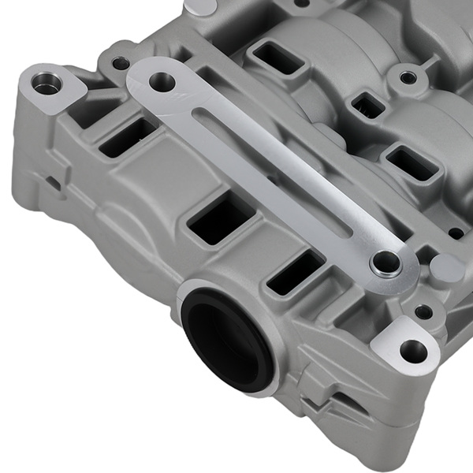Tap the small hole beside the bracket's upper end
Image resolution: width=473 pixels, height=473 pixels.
(x=120, y=62)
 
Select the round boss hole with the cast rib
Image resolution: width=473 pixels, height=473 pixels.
(x=408, y=77)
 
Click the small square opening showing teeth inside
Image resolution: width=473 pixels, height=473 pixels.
(x=363, y=104)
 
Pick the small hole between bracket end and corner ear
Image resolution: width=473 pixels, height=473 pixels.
(x=425, y=311)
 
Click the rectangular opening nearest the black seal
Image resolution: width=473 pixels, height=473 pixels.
(x=294, y=272)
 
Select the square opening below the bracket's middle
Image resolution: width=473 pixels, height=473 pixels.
(x=221, y=218)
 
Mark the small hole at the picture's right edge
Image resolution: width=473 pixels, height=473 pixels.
(x=456, y=233)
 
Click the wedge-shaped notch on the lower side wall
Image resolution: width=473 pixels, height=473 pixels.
(x=347, y=397)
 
